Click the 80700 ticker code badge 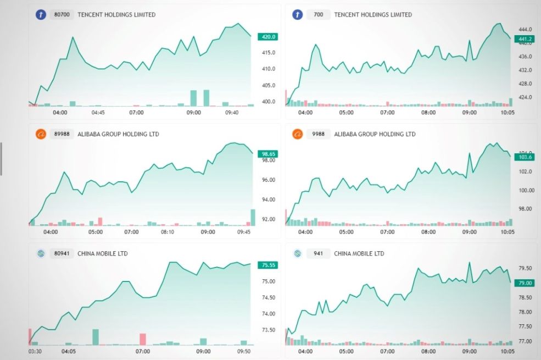pos(62,15)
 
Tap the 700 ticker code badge pos(318,15)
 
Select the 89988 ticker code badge pos(62,134)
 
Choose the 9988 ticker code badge pos(318,134)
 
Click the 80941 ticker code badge pos(62,254)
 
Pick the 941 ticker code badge pos(318,254)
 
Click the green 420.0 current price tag pos(269,37)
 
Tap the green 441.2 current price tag pos(524,39)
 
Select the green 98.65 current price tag pos(269,154)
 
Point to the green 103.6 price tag pos(524,157)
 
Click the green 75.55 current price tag pos(269,265)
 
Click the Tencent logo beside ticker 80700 pos(41,15)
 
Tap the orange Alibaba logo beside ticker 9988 pos(297,134)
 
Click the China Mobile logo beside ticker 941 pos(297,254)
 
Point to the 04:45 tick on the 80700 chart pos(98,113)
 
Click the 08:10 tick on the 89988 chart pos(167,232)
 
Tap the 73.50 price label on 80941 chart pos(268,330)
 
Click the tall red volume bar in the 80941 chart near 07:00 pos(143,339)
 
